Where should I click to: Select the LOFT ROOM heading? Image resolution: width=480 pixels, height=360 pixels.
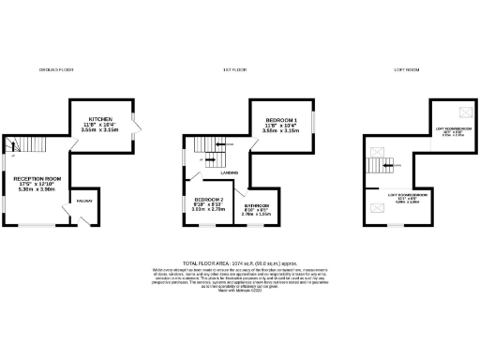(405, 70)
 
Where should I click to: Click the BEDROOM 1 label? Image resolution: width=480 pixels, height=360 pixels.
(281, 120)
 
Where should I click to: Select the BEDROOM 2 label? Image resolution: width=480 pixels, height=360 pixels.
(208, 201)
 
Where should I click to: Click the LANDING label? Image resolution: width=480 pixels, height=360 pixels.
(229, 172)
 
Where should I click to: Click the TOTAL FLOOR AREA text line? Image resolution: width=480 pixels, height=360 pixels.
(239, 263)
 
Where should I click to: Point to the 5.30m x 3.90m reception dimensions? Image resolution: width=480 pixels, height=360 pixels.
(37, 190)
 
